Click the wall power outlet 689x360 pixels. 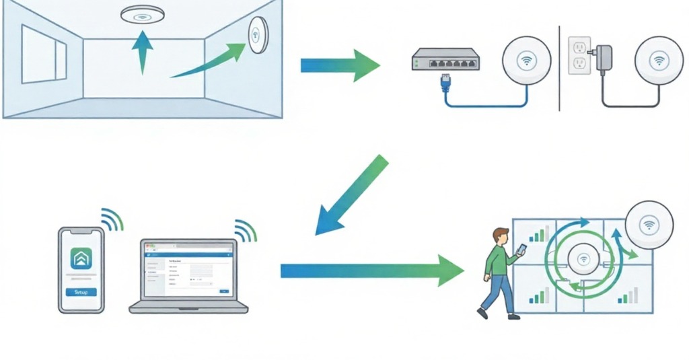click(579, 56)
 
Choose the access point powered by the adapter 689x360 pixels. click(659, 60)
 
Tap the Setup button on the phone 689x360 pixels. click(81, 292)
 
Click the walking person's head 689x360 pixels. click(500, 236)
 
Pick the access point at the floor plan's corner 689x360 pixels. click(650, 225)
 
